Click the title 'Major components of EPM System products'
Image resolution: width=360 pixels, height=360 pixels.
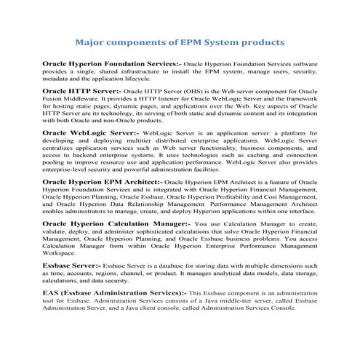(180, 41)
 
